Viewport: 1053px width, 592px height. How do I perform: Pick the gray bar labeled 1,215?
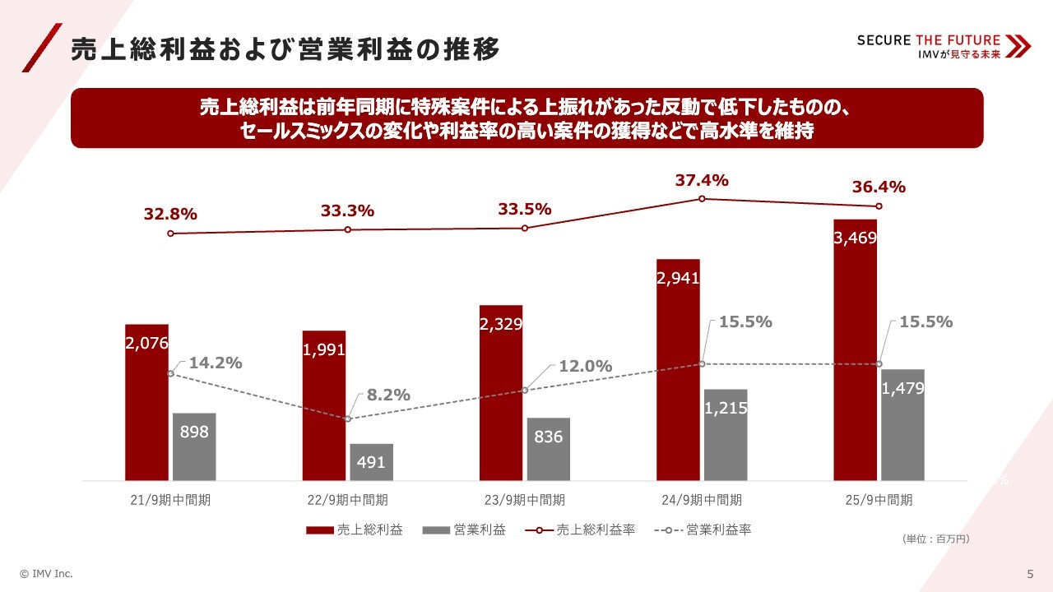726,435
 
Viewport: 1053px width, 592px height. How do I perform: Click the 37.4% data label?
702,181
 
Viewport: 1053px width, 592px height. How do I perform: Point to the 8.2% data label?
388,395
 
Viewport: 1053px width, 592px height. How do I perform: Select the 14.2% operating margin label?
216,363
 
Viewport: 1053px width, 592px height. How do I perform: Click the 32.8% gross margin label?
170,215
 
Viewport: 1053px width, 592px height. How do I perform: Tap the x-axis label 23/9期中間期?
525,500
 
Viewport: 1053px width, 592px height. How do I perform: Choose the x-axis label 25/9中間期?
879,500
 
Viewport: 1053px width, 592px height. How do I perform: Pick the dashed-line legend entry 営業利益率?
703,530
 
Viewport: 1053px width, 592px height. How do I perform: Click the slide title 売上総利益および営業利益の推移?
285,49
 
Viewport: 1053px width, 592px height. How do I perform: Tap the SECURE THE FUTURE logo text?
929,40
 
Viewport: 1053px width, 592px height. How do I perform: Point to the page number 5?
1030,574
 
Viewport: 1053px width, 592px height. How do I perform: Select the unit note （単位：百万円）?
936,539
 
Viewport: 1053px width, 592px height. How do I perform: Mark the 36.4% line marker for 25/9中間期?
879,206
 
